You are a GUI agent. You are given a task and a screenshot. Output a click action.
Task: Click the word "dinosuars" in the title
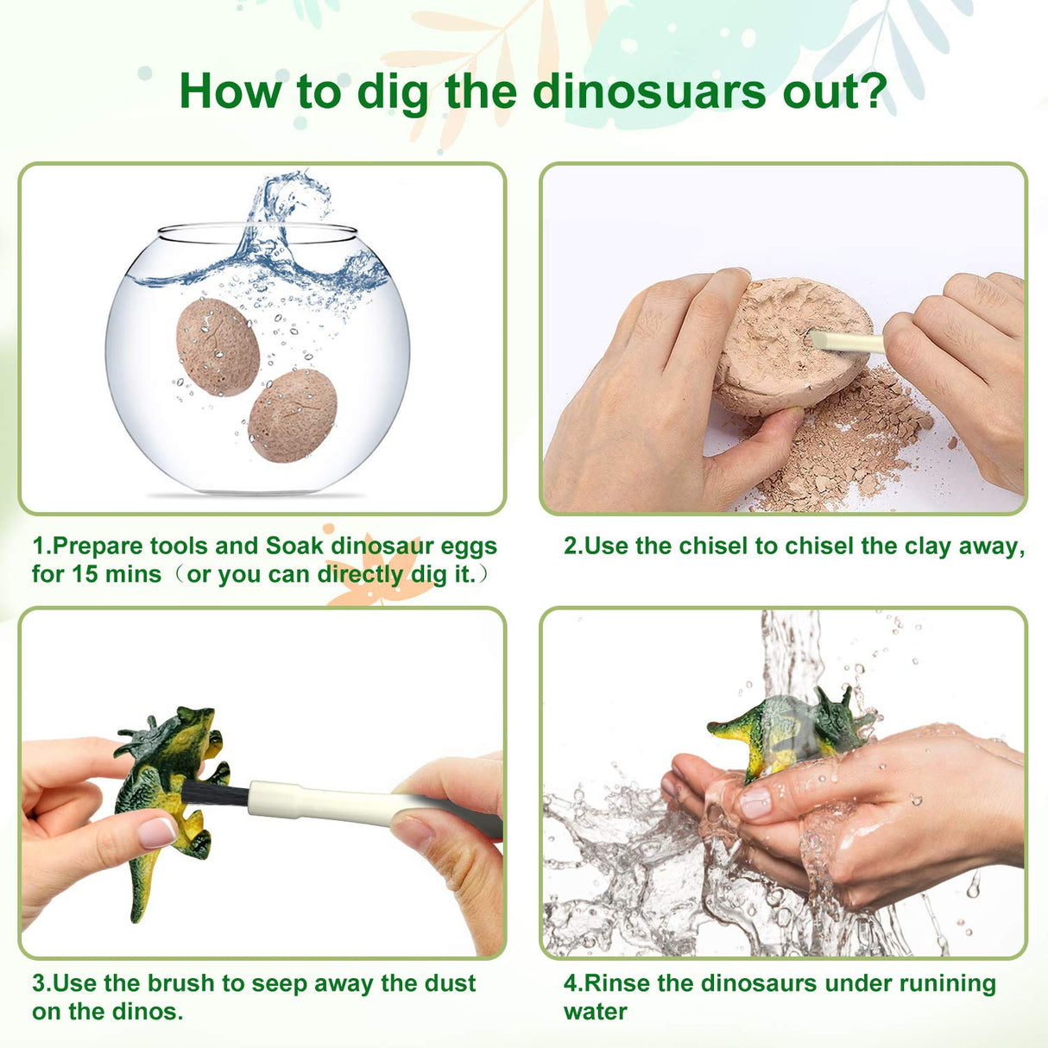pyautogui.click(x=648, y=91)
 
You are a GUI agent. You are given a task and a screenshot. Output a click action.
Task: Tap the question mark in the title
pyautogui.click(x=874, y=91)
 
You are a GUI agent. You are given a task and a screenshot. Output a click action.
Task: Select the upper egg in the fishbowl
pyautogui.click(x=218, y=347)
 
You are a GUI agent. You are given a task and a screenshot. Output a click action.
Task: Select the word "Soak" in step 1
pyautogui.click(x=294, y=546)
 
